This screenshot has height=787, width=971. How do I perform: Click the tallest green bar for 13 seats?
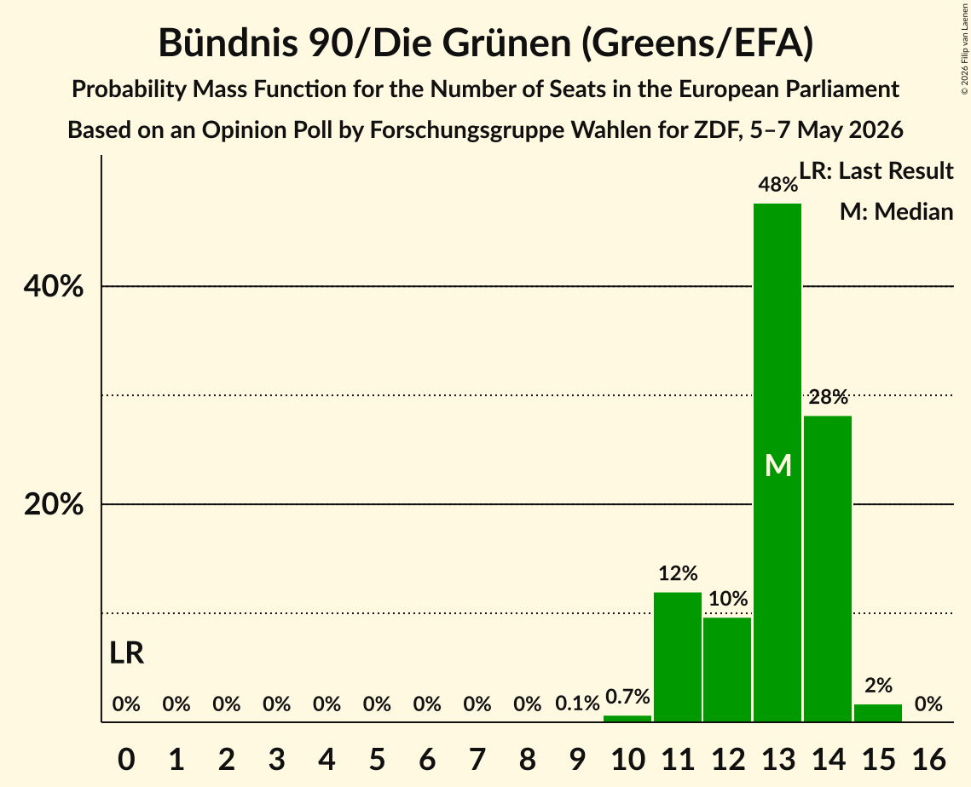(777, 462)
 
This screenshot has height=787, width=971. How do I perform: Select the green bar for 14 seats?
(827, 569)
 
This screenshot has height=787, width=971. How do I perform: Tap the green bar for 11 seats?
(678, 657)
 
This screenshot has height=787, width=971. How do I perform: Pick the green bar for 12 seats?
(728, 669)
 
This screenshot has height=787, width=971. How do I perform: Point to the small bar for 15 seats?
(877, 713)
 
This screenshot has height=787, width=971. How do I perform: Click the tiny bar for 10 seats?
(627, 718)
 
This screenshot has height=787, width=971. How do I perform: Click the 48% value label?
(777, 184)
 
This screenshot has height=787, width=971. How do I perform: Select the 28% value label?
(828, 397)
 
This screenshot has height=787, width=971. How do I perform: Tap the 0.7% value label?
(627, 697)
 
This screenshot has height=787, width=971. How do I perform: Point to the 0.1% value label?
(577, 704)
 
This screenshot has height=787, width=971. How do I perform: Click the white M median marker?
(777, 465)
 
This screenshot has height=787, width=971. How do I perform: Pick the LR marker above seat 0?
(126, 652)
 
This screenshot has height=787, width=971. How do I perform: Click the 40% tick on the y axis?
(53, 286)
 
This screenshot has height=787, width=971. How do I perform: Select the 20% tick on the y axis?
(53, 504)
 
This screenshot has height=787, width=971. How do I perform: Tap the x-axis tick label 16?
(928, 759)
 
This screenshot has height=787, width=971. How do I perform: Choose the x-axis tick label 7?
(477, 759)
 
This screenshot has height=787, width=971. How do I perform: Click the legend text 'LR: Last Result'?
(876, 170)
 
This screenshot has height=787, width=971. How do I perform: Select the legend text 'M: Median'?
(896, 211)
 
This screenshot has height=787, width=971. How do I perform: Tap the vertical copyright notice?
(965, 49)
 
